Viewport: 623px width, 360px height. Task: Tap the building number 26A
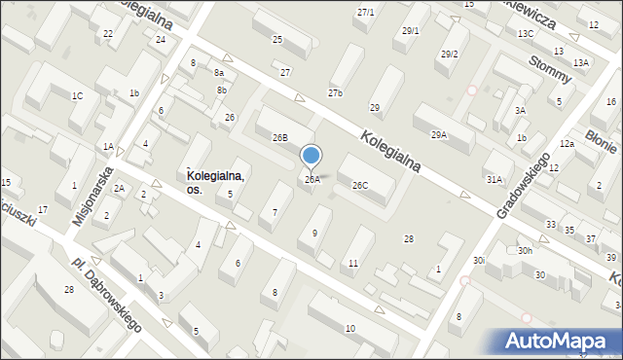point(311,180)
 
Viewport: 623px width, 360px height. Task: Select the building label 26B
point(279,138)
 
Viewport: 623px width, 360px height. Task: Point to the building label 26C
point(360,185)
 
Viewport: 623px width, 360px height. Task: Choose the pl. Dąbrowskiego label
point(106,293)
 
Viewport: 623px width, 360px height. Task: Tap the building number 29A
point(439,135)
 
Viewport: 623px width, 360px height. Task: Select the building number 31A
point(495,179)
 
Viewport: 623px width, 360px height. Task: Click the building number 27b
point(335,92)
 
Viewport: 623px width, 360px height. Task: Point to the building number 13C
point(526,33)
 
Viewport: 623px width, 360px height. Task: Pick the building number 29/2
point(449,54)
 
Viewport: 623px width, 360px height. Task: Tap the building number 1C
point(77,95)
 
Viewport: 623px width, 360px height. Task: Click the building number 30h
point(525,251)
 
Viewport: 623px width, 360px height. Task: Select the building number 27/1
point(365,12)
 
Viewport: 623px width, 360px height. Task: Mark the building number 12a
point(566,144)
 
